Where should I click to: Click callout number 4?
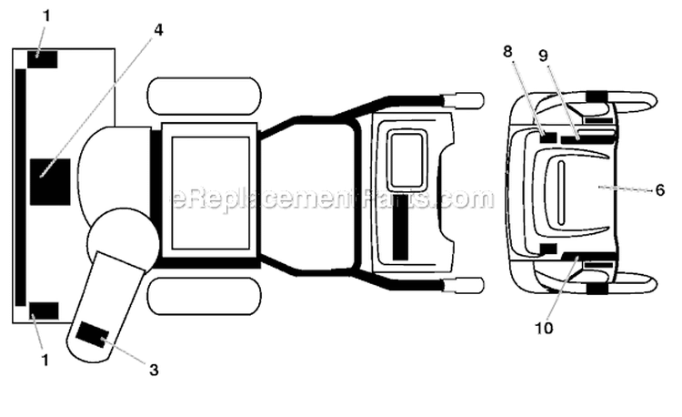(158, 30)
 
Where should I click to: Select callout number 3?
(154, 370)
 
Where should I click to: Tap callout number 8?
(507, 51)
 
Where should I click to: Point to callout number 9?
(543, 56)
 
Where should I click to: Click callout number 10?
(544, 328)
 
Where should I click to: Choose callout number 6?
(660, 189)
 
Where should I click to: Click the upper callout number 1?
(46, 16)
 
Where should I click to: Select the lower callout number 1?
(45, 361)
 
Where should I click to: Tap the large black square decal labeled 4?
(50, 182)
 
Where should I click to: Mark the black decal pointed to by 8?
(548, 137)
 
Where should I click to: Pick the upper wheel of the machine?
(205, 97)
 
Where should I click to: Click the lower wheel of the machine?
(205, 296)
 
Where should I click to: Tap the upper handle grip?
(464, 100)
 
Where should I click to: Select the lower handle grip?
(464, 286)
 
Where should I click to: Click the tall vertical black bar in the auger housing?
(20, 188)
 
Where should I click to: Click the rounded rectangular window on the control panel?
(407, 160)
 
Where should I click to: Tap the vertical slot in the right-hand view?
(561, 193)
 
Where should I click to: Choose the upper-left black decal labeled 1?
(43, 59)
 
